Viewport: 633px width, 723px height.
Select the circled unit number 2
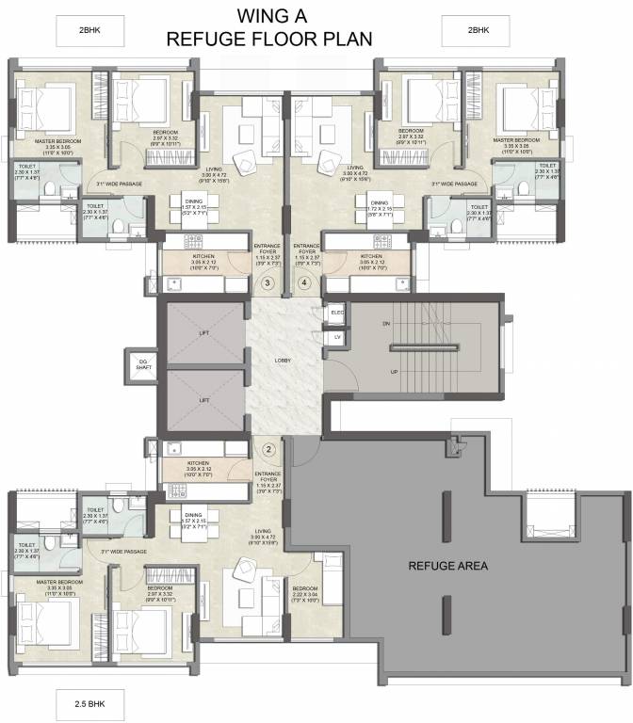coord(268,450)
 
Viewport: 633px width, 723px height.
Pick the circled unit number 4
coord(303,282)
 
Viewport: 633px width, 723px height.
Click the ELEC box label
coord(336,312)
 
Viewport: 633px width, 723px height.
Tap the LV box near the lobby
coord(336,336)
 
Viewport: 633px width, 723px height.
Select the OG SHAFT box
coord(143,361)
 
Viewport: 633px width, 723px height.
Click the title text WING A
coord(269,17)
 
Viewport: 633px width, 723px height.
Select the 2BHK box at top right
coord(478,30)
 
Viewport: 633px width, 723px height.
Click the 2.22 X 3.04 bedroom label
coord(305,592)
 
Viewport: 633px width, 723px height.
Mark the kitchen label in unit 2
coord(198,466)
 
